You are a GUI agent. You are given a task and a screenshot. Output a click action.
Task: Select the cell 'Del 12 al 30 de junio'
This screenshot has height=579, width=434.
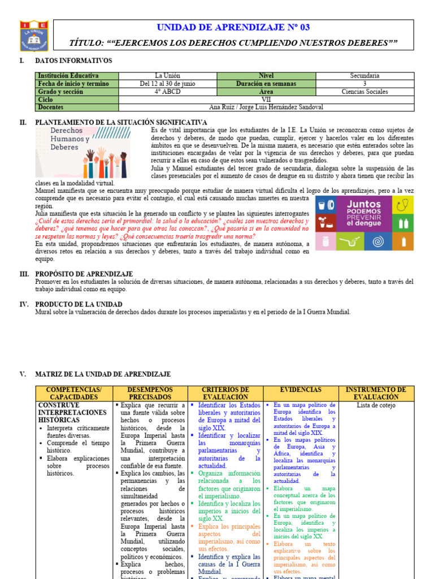coord(167,84)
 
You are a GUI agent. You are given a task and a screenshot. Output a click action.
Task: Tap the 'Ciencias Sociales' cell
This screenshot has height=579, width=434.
coord(364,92)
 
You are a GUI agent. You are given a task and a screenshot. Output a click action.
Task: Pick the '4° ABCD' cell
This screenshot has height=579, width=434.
coord(167,92)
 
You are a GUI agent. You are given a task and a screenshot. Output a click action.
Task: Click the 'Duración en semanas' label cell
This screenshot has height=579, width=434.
coord(266,84)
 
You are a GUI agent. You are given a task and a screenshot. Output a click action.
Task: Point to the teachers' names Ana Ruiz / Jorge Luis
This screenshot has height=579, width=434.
coord(266,107)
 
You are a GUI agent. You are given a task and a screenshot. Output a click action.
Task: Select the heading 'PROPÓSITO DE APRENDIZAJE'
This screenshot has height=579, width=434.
coord(84,274)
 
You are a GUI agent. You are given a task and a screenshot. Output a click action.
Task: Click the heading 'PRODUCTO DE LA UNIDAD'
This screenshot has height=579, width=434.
coord(79,304)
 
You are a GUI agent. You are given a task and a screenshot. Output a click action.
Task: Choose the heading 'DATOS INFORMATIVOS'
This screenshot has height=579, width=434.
coord(73,61)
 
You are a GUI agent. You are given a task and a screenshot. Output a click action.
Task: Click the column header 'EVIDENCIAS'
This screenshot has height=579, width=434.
coord(301,390)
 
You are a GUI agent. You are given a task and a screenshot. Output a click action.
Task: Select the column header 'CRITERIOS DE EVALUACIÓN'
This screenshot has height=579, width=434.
coord(225,394)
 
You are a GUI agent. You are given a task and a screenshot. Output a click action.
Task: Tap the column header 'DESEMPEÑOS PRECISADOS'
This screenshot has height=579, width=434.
coord(149,394)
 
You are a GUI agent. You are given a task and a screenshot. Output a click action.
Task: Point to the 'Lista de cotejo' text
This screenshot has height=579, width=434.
coord(376,405)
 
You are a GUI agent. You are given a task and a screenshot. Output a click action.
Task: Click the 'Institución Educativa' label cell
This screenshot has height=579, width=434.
coord(68,76)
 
